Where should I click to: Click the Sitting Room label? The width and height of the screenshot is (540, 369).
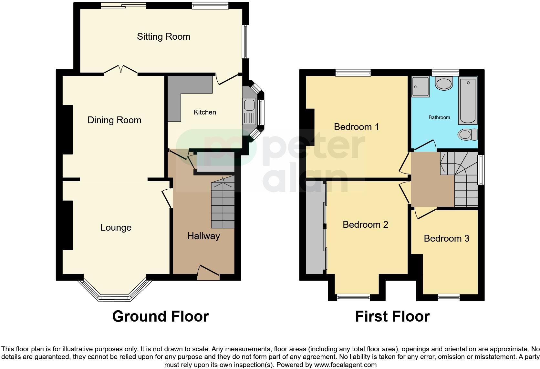(x=163, y=36)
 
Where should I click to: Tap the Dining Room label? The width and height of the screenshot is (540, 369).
(x=114, y=120)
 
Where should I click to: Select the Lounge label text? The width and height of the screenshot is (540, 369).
(x=116, y=228)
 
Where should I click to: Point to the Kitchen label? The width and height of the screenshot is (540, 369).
(x=205, y=112)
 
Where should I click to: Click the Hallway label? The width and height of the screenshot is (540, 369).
(x=203, y=236)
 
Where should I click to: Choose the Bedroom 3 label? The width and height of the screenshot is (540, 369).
(x=446, y=238)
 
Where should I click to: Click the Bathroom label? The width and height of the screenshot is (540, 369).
(x=439, y=117)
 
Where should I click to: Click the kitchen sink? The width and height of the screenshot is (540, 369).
(x=249, y=105)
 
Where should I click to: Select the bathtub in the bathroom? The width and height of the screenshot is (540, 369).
(x=468, y=100)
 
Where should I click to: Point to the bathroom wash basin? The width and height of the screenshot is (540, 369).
(x=443, y=84)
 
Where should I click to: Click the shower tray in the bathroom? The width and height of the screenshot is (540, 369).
(x=421, y=86)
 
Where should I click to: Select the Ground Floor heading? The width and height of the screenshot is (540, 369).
(x=161, y=316)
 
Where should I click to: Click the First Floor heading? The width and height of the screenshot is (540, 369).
(x=392, y=316)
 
